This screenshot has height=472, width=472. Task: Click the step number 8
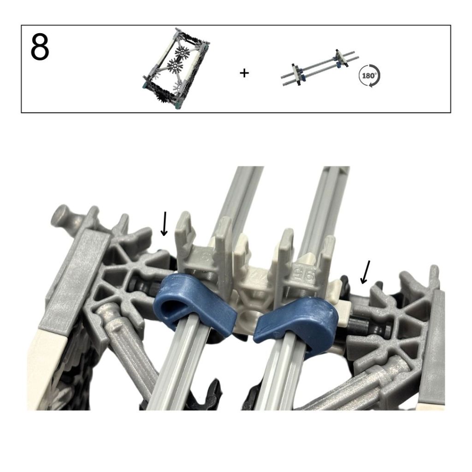40,48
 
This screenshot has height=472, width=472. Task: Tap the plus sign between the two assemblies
244,73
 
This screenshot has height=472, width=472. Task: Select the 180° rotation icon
369,75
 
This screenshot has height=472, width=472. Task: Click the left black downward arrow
165,224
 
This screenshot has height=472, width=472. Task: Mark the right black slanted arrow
365,272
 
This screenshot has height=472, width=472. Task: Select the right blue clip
296,321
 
